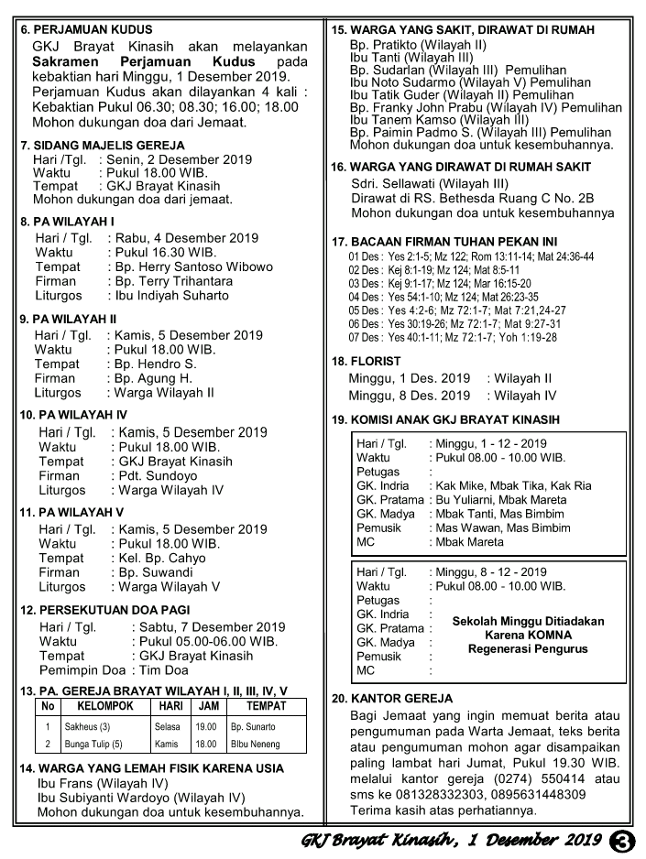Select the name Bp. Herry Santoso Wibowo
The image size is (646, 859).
point(195,266)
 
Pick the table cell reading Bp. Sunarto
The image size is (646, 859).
point(252,726)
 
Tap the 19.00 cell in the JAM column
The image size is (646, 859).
point(206,726)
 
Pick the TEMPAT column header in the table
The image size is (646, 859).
point(267,706)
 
